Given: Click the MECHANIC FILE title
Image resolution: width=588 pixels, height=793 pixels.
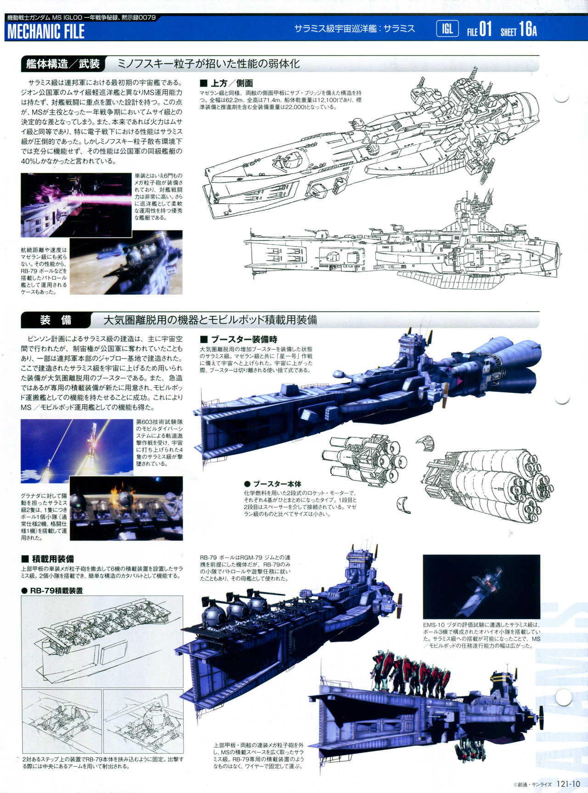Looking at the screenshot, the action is point(46,31).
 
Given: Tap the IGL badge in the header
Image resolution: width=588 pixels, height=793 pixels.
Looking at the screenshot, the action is point(447,29).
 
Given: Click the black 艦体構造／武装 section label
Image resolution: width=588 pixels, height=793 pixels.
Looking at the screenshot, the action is point(63,64).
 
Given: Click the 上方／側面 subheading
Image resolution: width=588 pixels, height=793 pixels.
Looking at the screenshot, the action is point(227,83).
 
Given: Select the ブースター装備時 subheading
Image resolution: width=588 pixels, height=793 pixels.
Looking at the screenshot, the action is point(239,339).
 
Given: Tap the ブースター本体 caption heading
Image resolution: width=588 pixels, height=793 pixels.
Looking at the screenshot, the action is point(273,484).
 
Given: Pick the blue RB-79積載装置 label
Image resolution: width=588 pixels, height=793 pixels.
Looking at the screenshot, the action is point(52,591).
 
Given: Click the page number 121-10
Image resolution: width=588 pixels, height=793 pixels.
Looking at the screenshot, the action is point(568,784).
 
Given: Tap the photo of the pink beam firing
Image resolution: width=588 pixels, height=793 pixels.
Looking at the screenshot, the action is point(76,205).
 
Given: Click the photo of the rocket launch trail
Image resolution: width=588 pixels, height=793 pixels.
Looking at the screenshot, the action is point(77,451).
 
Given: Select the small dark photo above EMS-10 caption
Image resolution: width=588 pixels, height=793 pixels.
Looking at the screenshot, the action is point(481,586).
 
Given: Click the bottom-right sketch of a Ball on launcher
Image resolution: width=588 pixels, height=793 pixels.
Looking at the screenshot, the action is point(143,721).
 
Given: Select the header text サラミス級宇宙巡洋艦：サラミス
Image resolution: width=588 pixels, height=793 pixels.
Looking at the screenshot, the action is point(355,29).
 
